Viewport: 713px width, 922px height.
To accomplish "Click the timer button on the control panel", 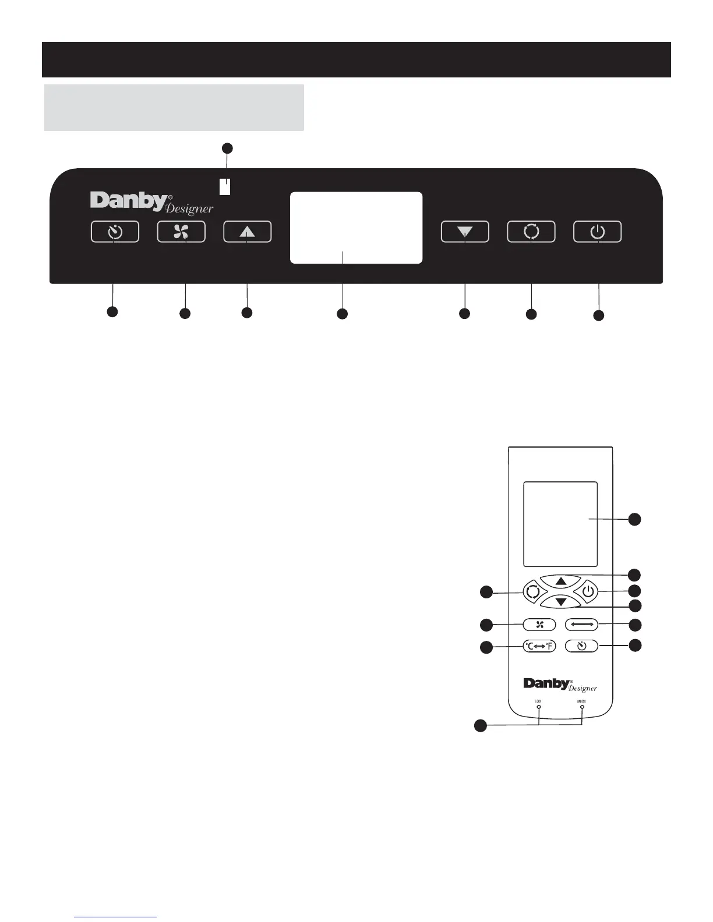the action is pos(115,232).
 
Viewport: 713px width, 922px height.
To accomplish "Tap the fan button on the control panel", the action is pos(181,232).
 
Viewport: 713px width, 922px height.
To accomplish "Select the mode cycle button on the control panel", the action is pos(531,232).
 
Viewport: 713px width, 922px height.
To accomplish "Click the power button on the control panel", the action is pos(598,232).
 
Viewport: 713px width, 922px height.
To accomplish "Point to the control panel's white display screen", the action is pos(356,228).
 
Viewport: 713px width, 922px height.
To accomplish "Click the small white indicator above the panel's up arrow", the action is pos(225,186).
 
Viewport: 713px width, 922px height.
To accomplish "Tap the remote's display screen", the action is pos(560,524).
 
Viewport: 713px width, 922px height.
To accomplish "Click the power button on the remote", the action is pos(588,592).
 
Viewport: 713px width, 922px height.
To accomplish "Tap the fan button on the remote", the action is pos(539,625).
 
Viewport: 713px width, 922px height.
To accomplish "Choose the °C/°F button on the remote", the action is pos(539,646).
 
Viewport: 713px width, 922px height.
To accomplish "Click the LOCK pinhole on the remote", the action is pos(538,707).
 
